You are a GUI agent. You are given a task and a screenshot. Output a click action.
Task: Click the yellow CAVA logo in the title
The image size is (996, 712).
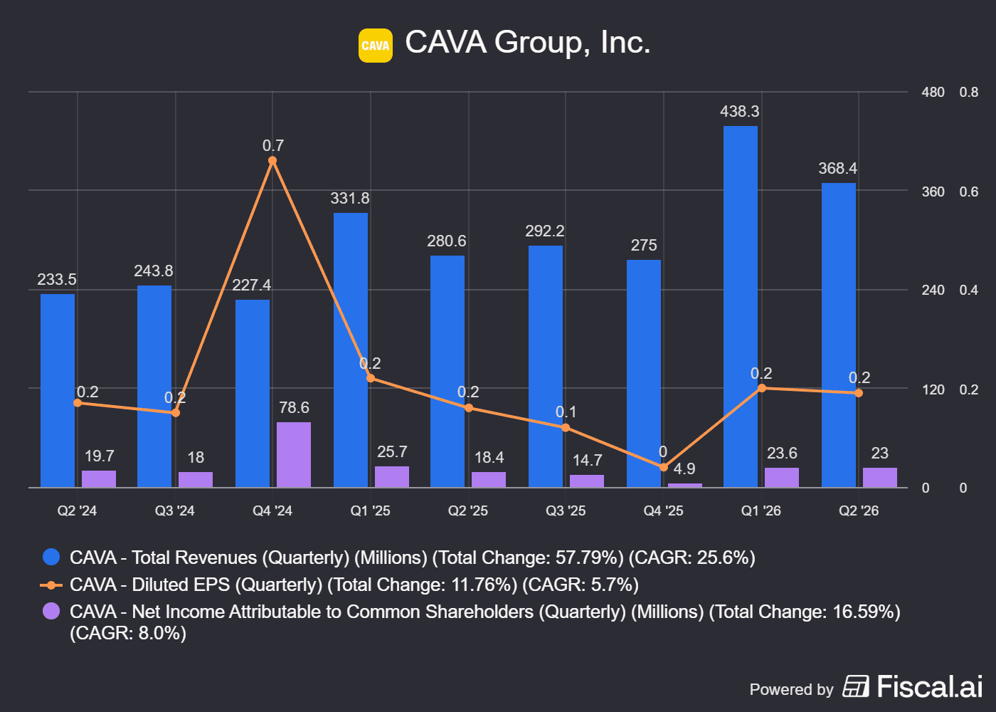click(x=376, y=46)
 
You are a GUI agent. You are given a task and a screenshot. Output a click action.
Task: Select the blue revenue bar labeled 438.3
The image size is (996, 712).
click(x=741, y=307)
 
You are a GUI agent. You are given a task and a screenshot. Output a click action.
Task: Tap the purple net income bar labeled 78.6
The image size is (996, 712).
click(x=293, y=455)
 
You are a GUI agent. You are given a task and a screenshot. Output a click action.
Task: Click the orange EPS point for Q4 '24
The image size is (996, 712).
click(x=272, y=161)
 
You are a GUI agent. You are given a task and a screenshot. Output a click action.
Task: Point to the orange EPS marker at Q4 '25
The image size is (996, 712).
click(x=663, y=467)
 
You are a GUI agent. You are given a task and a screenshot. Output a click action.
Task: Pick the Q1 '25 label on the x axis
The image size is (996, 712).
click(x=370, y=511)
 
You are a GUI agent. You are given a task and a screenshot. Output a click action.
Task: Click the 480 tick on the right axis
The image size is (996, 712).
click(x=933, y=92)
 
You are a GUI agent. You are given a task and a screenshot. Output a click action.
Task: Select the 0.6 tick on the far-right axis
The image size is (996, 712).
click(x=969, y=192)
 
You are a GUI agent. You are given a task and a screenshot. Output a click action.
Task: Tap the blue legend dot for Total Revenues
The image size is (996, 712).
click(x=51, y=557)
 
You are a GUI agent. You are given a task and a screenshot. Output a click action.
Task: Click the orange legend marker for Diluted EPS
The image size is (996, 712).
click(x=51, y=585)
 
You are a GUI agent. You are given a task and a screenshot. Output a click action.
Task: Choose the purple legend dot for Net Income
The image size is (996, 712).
click(x=51, y=612)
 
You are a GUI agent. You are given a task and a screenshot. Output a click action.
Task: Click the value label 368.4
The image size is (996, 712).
click(x=838, y=168)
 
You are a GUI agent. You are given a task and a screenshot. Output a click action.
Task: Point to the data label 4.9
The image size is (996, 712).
click(x=684, y=468)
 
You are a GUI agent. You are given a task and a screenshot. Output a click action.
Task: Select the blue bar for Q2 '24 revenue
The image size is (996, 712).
click(x=58, y=391)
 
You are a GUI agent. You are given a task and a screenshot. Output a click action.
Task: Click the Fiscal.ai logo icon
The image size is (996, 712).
click(x=855, y=686)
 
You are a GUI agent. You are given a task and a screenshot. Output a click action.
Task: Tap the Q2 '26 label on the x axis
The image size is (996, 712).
click(x=859, y=511)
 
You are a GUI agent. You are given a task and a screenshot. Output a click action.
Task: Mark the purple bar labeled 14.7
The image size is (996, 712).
click(x=587, y=481)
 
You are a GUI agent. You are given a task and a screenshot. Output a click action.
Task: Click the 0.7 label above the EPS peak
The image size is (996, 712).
click(x=273, y=145)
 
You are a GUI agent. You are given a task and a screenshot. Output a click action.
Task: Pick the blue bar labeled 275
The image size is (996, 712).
click(x=643, y=374)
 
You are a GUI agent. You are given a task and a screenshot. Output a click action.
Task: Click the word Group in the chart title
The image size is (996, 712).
click(x=542, y=43)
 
